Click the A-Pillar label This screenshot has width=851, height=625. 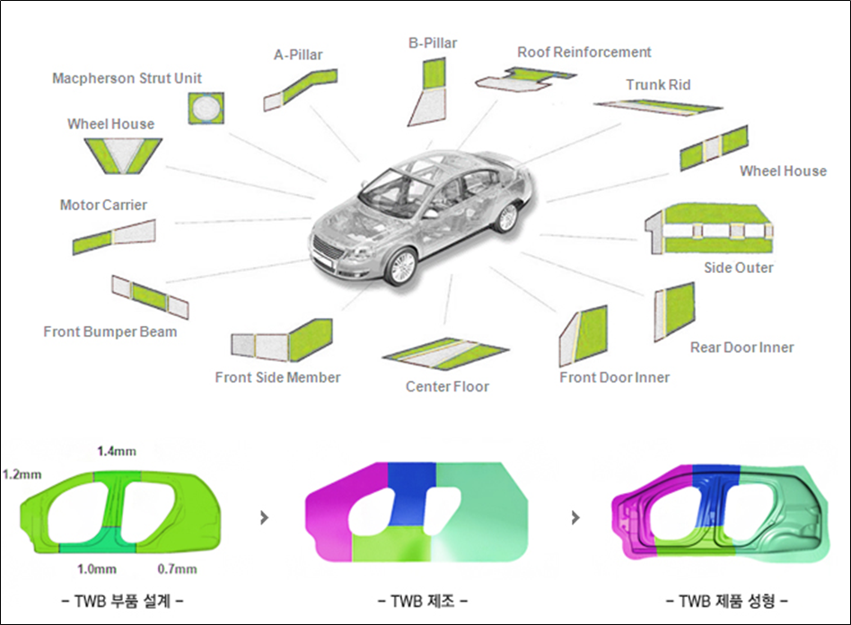pyautogui.click(x=298, y=55)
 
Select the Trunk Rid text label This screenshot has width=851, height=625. pyautogui.click(x=658, y=85)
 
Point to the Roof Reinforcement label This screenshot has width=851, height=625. pyautogui.click(x=583, y=52)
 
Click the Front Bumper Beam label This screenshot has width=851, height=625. pyautogui.click(x=110, y=331)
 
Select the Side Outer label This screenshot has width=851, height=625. pyautogui.click(x=739, y=268)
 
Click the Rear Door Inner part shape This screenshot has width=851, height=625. pyautogui.click(x=674, y=310)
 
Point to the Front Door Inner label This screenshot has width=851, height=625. pyautogui.click(x=614, y=377)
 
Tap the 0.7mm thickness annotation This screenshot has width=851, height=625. pyautogui.click(x=177, y=568)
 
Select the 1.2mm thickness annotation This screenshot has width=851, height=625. pyautogui.click(x=22, y=473)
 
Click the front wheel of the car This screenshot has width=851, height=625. pyautogui.click(x=401, y=267)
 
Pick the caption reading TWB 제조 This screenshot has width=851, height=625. pyautogui.click(x=417, y=599)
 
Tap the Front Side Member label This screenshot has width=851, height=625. pyautogui.click(x=277, y=377)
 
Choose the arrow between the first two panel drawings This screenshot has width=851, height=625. pyautogui.click(x=263, y=518)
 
